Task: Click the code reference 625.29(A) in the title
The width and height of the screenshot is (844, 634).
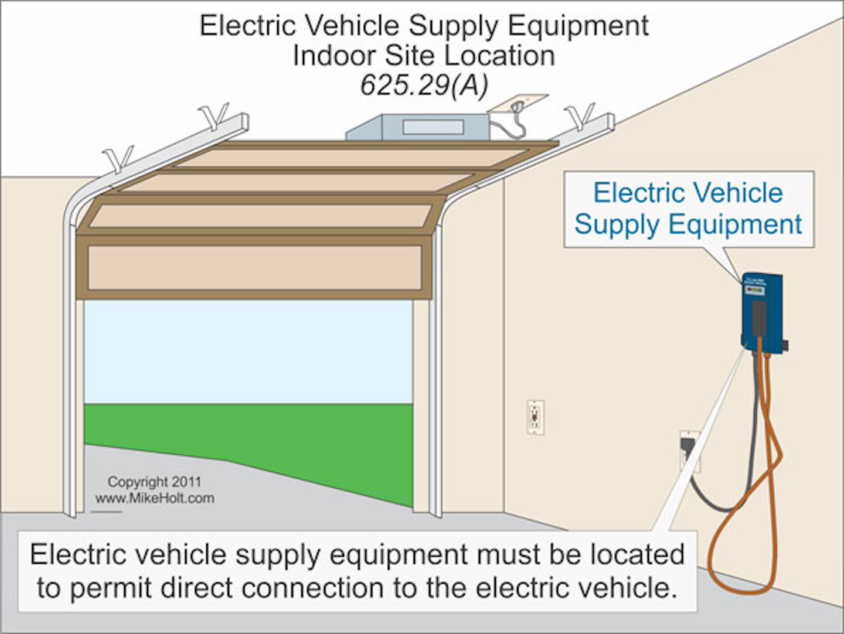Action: (x=424, y=86)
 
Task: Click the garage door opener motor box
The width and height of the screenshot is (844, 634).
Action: (x=417, y=127)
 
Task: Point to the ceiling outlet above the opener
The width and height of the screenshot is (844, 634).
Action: (x=516, y=105)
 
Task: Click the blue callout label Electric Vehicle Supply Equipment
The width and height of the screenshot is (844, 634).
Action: (x=688, y=209)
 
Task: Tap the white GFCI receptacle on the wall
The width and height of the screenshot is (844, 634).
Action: (x=535, y=417)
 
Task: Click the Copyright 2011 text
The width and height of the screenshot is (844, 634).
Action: (x=154, y=482)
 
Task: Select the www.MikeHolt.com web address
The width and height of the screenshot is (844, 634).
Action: (x=155, y=499)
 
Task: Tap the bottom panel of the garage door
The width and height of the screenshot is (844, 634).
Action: (x=255, y=268)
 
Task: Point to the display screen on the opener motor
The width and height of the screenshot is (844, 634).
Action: (x=433, y=127)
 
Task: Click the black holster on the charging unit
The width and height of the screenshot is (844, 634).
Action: (x=759, y=316)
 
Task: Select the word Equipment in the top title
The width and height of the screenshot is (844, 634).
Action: (x=578, y=26)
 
